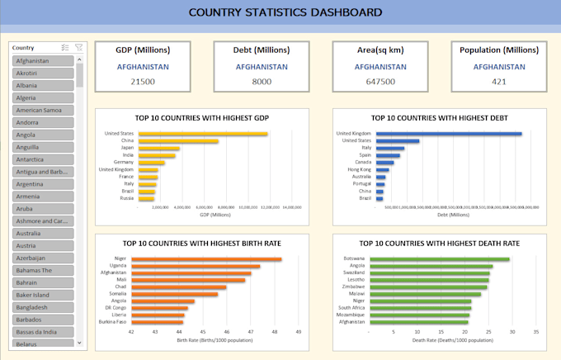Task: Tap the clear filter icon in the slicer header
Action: [78, 48]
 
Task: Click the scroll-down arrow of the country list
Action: [79, 342]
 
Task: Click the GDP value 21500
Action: [142, 81]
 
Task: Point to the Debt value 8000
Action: [261, 81]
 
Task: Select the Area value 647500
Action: [379, 81]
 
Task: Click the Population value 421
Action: [498, 81]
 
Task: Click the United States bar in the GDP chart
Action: [202, 134]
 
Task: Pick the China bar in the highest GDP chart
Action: [177, 141]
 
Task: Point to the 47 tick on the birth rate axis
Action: [251, 332]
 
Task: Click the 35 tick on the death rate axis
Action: [536, 332]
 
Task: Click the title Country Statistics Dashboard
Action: [285, 12]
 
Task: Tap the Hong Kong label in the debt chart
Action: [361, 168]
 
